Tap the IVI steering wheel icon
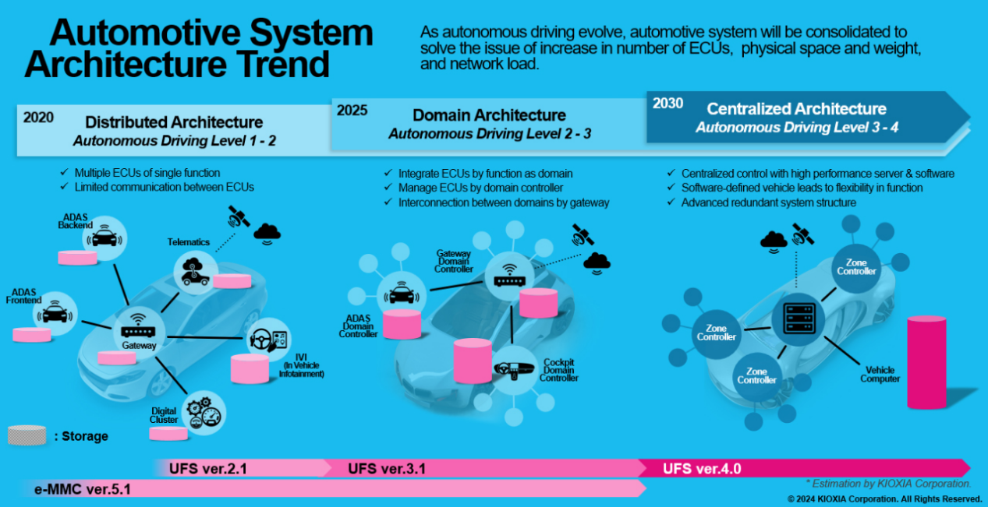pyautogui.click(x=267, y=340)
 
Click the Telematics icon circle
pyautogui.click(x=192, y=269)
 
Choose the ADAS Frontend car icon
pyautogui.click(x=55, y=314)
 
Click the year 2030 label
pyautogui.click(x=668, y=104)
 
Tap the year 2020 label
pyautogui.click(x=38, y=118)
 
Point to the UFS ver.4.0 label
pyautogui.click(x=701, y=468)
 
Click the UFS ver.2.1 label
pyautogui.click(x=208, y=468)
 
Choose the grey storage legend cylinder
pyautogui.click(x=27, y=435)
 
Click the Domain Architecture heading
pyautogui.click(x=489, y=115)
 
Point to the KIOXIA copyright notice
pyautogui.click(x=884, y=498)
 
